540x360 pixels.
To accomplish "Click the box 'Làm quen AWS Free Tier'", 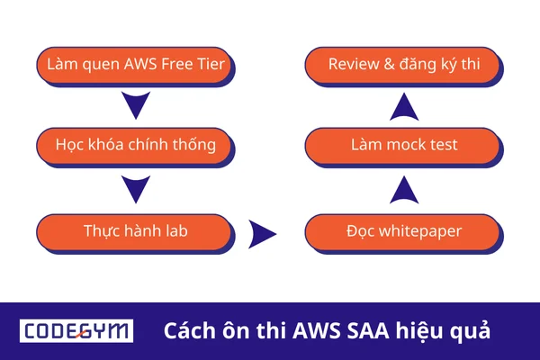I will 135,65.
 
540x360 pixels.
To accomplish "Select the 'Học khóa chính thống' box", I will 135,143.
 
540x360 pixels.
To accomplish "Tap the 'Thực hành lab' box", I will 135,231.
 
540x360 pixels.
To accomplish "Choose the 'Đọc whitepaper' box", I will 403,231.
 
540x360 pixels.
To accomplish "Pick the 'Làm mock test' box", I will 403,143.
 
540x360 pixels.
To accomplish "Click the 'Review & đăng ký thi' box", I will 403,65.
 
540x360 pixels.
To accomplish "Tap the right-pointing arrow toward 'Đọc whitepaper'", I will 262,234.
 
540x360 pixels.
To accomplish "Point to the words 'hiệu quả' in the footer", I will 447,330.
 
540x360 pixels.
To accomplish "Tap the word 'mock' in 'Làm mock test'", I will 401,143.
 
